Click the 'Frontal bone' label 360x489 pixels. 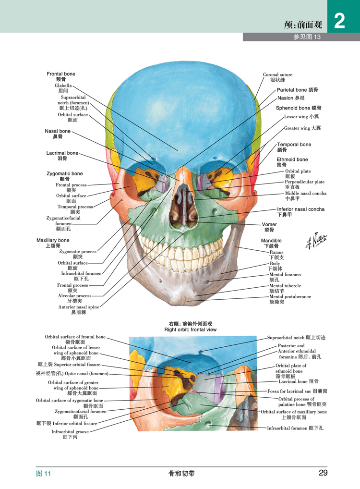[x=61, y=74]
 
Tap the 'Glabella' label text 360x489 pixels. [x=63, y=86]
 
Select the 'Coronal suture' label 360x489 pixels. [x=277, y=75]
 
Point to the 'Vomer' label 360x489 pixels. [x=269, y=224]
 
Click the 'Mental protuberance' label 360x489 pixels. [x=290, y=297]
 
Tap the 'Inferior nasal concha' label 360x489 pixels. [x=300, y=209]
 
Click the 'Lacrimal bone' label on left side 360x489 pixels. [x=62, y=153]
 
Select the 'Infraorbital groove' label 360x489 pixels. [x=71, y=431]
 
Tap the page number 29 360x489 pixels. [x=323, y=473]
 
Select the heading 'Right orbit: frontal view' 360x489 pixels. [x=190, y=330]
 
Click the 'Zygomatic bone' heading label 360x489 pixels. [x=64, y=174]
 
